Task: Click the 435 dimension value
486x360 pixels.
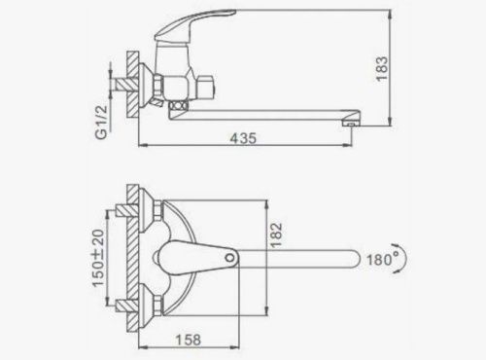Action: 243,138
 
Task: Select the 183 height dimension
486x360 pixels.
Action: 382,69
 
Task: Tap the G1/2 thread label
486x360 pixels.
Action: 102,122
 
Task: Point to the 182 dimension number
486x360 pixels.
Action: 276,235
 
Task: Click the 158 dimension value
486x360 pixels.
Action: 189,340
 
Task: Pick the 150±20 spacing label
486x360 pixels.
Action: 98,258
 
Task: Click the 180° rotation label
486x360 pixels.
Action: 383,260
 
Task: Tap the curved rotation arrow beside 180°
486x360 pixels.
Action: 402,259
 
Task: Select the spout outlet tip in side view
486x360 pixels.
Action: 349,124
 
